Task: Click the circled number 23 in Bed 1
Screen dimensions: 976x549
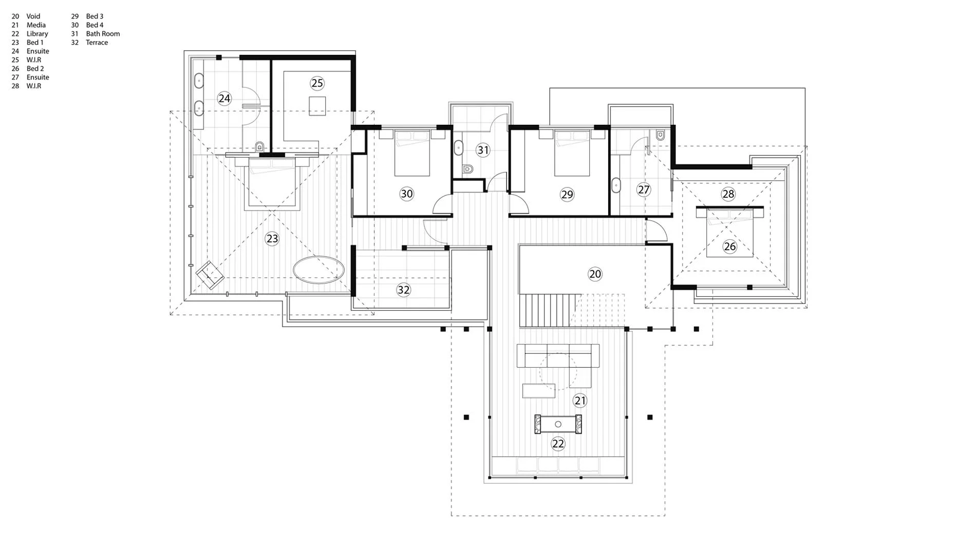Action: coord(272,238)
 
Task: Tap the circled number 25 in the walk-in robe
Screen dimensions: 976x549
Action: coord(317,83)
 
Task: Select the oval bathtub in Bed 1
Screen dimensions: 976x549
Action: coord(318,269)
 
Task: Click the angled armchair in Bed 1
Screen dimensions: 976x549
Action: coord(210,275)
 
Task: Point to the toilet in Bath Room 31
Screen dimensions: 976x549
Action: coord(467,168)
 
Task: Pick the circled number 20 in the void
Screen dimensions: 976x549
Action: coord(595,274)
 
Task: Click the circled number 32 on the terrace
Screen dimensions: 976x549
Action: coord(403,290)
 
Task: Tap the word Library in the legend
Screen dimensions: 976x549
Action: coord(37,34)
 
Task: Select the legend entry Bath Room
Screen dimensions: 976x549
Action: coord(103,34)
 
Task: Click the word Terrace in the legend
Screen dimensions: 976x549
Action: coord(97,43)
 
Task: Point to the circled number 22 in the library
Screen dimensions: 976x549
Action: coord(558,444)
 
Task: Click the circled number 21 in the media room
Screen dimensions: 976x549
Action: coord(580,401)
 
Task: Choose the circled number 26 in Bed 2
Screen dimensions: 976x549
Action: coord(729,247)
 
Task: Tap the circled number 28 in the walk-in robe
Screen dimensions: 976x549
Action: coord(728,194)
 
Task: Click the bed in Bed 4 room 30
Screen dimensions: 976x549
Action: coord(412,153)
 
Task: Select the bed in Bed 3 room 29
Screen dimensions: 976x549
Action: coord(572,153)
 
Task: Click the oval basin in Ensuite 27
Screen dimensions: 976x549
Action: coord(616,185)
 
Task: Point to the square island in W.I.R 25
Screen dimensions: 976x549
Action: coord(317,106)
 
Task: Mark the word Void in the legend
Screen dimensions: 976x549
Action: coord(33,16)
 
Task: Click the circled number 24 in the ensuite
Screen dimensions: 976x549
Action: coord(224,99)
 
